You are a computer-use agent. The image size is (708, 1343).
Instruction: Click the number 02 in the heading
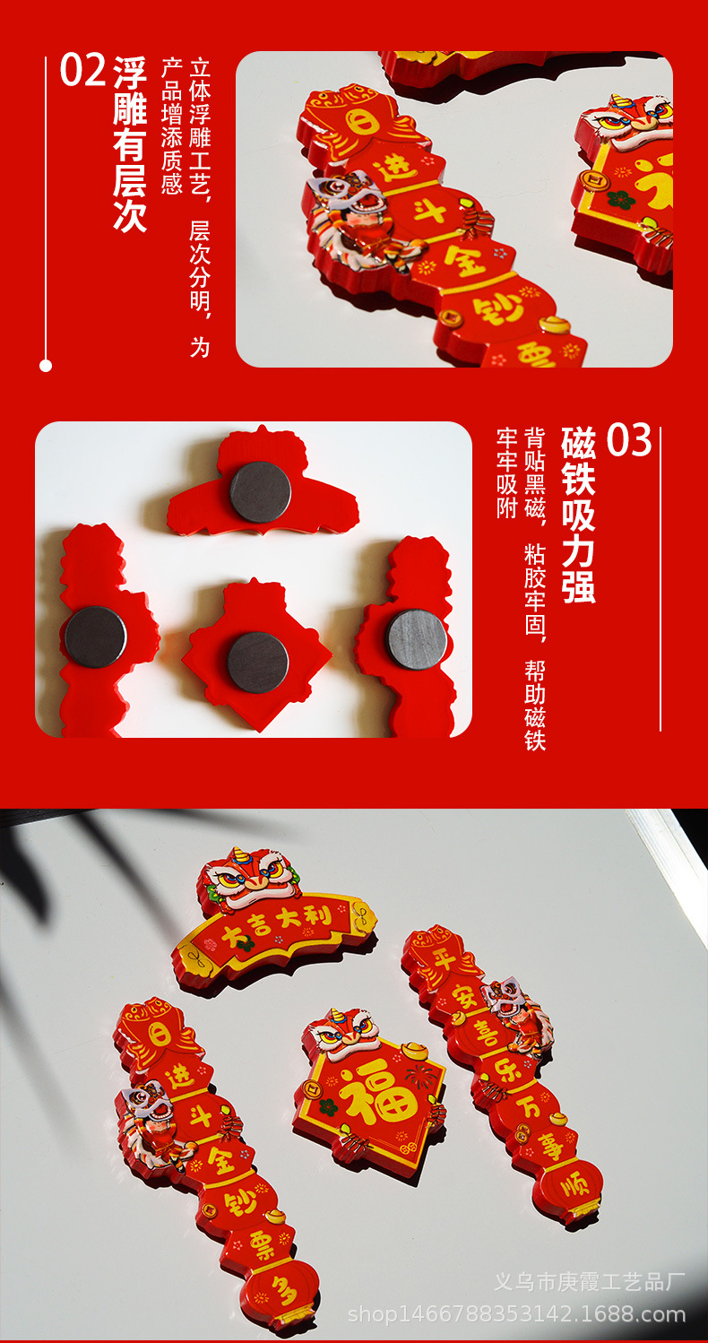(82, 72)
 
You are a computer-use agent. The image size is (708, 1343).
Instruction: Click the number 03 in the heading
(628, 440)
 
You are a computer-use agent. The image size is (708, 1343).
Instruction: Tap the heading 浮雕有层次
(130, 143)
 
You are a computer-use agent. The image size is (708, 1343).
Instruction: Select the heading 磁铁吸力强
(578, 514)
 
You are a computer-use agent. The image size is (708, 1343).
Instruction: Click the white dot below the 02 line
(46, 365)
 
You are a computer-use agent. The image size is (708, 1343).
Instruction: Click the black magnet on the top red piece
(261, 491)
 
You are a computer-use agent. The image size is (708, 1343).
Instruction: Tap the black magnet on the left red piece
(96, 636)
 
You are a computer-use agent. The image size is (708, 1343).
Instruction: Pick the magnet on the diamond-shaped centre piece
(258, 662)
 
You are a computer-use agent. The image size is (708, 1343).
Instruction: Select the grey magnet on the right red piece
(417, 639)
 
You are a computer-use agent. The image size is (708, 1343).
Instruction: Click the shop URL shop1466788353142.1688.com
(516, 1315)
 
